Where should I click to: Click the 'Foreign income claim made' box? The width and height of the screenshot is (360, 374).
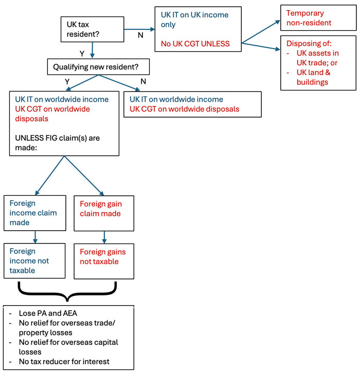click(x=34, y=212)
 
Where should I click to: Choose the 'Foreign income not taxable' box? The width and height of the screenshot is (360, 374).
click(x=34, y=260)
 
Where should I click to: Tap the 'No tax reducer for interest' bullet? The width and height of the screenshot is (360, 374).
click(x=61, y=362)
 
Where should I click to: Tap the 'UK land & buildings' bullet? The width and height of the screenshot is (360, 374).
click(x=311, y=77)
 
